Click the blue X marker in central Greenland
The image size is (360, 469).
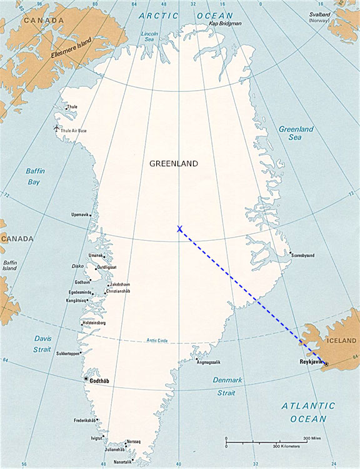point(180,229)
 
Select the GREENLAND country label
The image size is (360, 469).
point(174,164)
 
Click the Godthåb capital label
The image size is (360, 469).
point(102,380)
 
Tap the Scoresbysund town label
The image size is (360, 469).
point(302,255)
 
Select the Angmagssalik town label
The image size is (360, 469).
point(208,362)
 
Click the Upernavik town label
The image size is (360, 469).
point(80,214)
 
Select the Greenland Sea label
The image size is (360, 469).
point(296,133)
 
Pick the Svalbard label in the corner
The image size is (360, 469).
point(318,17)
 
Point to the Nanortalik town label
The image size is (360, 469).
point(122,462)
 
